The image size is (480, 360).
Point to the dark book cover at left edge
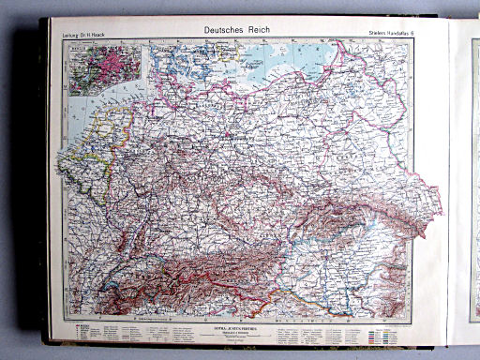pyautogui.click(x=42, y=187)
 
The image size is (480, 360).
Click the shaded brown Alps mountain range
pyautogui.click(x=216, y=272)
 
